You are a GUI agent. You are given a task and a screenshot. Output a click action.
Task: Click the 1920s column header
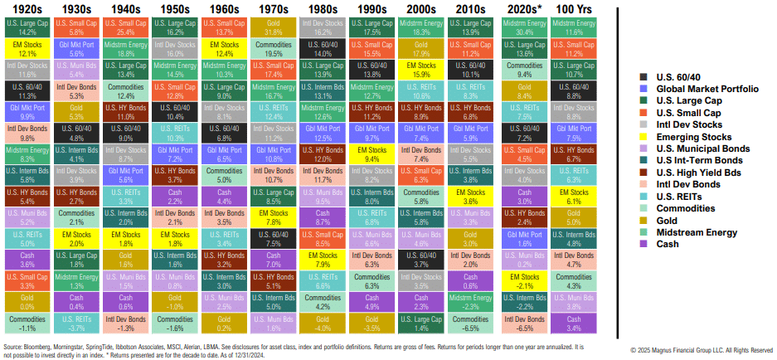tap(27, 7)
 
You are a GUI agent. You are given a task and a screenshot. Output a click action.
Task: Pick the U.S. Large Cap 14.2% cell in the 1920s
tap(27, 27)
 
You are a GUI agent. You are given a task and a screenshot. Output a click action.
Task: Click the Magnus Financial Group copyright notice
tap(702, 349)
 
